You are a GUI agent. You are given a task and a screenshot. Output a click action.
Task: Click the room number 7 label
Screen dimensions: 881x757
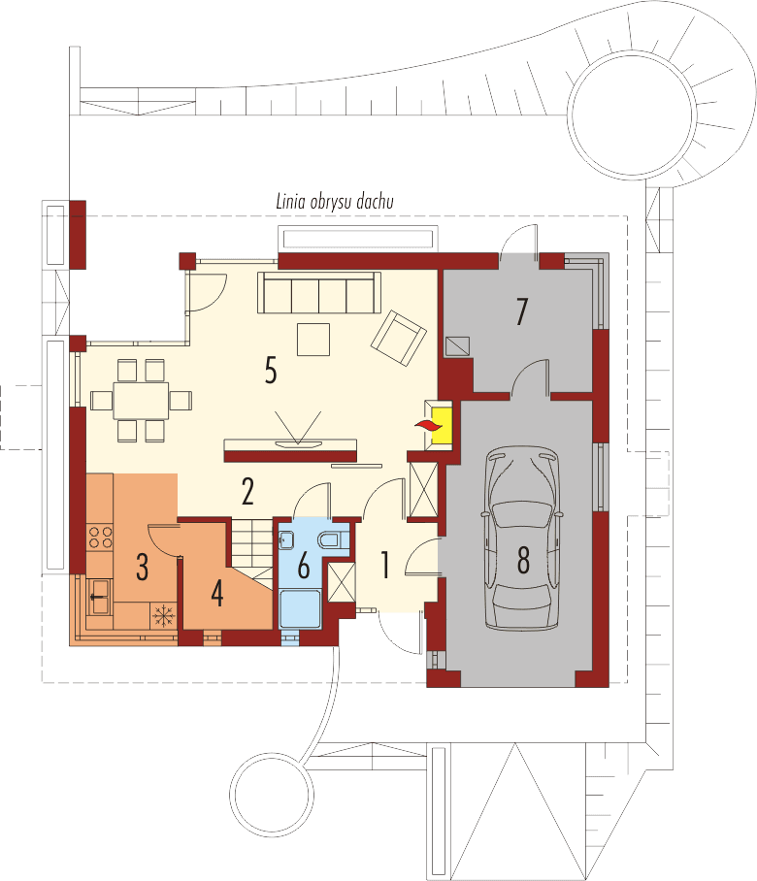(x=521, y=312)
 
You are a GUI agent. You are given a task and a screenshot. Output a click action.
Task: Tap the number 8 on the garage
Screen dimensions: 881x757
(x=524, y=560)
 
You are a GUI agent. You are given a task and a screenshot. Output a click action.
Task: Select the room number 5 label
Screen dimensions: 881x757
(x=270, y=370)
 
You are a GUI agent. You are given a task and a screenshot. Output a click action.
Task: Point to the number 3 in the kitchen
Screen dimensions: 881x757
(x=142, y=567)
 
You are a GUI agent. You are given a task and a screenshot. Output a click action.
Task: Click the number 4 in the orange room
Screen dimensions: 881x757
(x=217, y=593)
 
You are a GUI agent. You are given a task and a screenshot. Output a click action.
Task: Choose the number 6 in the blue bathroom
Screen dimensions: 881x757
(x=303, y=565)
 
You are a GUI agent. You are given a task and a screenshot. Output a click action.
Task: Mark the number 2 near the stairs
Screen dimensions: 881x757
(x=247, y=493)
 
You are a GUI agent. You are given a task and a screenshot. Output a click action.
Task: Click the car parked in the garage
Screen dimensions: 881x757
(x=524, y=538)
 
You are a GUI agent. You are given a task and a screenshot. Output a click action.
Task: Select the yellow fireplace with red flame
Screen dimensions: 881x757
(x=437, y=423)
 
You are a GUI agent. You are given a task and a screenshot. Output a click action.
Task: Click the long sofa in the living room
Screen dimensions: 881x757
(x=318, y=292)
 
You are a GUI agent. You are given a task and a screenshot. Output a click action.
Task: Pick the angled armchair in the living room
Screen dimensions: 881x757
(x=399, y=336)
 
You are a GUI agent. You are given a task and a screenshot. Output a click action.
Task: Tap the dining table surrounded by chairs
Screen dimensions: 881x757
(x=142, y=400)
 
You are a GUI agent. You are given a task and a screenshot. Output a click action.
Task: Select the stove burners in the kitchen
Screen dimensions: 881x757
(x=99, y=535)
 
